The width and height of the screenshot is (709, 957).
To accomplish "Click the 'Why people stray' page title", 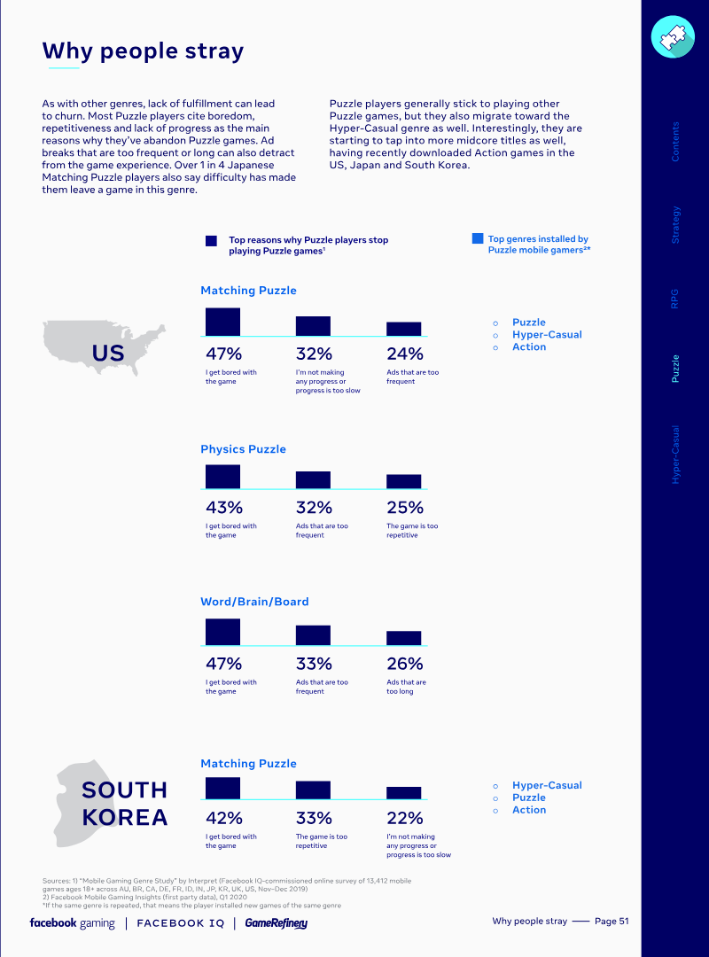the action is coord(143,51).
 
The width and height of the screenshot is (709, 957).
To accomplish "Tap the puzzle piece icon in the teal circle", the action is coord(673,37).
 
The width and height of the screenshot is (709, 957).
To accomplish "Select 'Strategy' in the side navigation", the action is coord(674,225).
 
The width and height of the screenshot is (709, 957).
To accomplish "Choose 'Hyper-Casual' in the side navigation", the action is coord(674,455).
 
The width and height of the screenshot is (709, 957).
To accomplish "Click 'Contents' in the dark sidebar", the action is coord(674,142).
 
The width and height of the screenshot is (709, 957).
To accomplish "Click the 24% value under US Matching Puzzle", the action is coord(405,354).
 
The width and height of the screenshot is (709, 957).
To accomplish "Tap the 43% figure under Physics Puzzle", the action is coord(224,508).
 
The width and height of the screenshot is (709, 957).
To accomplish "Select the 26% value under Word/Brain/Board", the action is coord(405,664).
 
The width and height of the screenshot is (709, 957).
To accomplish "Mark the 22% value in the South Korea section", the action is coord(405,819).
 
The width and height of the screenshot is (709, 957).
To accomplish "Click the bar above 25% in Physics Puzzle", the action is coord(403,481).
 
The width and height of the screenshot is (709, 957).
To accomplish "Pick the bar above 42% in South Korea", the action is coord(223,789).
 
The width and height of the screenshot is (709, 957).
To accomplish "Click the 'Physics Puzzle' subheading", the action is coord(243,449).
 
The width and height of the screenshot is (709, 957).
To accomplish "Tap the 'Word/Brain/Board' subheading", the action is coord(254,602).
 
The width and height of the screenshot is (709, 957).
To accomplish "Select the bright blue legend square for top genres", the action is coord(478,238).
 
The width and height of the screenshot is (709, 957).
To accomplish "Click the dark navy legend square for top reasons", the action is coord(211,241).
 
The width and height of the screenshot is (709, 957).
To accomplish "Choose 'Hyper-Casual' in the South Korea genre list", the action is coord(547,785).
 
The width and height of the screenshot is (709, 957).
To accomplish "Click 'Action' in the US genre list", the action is coord(529,346).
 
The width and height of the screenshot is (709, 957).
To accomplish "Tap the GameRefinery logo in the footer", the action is coord(276,923).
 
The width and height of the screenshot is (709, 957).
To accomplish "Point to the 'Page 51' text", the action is coord(612,922).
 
